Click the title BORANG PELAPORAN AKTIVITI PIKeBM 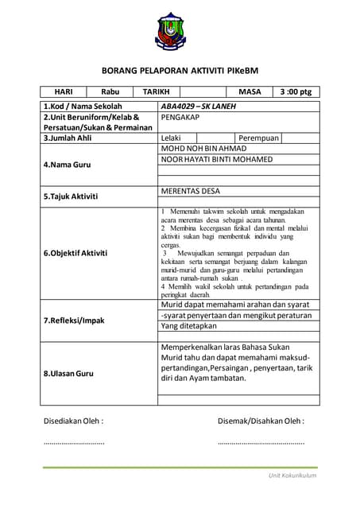180,70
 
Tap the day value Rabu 110,92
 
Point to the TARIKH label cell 156,92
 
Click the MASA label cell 250,92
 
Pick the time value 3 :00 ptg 296,92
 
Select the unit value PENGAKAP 180,117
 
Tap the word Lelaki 171,138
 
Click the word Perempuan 259,138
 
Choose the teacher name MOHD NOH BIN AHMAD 203,149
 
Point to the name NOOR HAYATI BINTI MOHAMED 216,159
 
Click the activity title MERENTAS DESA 190,192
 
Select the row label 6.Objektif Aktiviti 75,252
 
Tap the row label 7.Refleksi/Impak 74,321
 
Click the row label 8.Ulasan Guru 69,373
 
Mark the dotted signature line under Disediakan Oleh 73,442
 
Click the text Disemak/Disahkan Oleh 261,421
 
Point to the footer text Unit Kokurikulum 292,475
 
